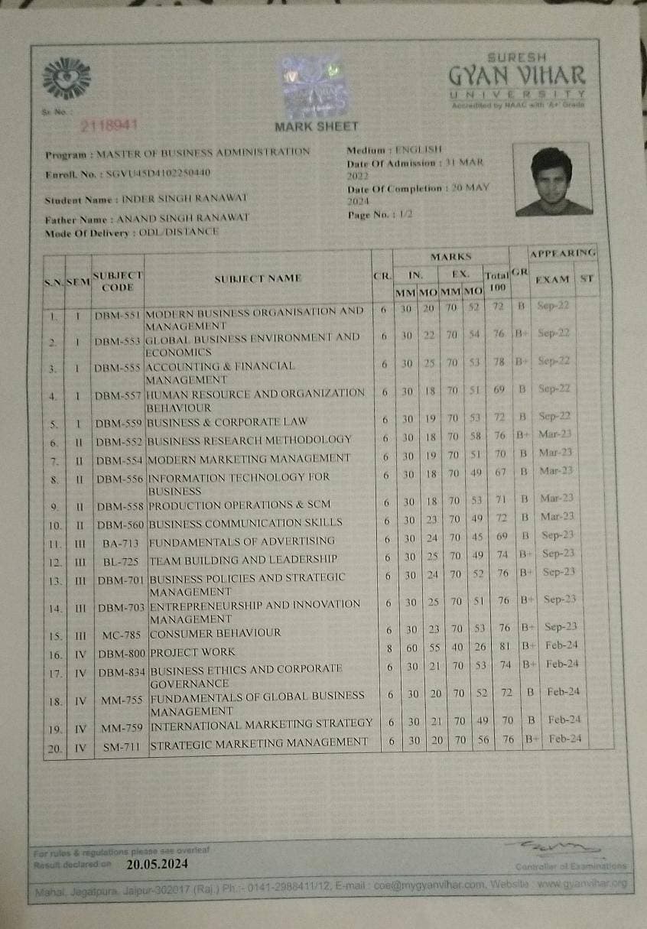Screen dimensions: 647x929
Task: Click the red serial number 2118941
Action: [x=108, y=125]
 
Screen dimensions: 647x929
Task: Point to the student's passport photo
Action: [x=552, y=180]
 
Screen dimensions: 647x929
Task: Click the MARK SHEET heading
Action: [x=316, y=126]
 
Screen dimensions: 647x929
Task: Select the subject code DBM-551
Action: [x=117, y=314]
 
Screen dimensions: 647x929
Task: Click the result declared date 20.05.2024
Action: [x=158, y=865]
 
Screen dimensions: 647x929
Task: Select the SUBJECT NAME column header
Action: [x=258, y=278]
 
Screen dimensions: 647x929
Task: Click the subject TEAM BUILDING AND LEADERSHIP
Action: [x=243, y=560]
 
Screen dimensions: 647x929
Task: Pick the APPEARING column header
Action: [x=562, y=252]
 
